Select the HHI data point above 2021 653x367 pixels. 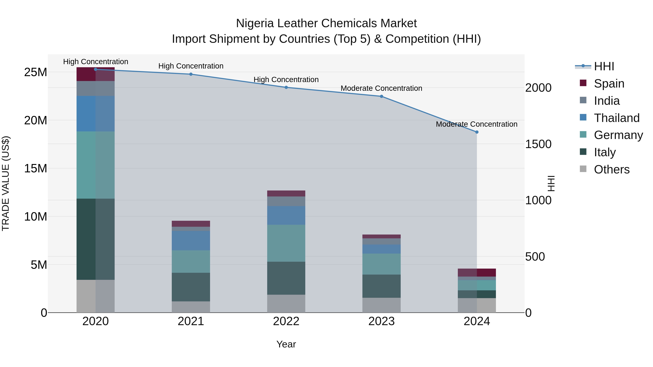click(191, 74)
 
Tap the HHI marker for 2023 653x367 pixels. click(381, 96)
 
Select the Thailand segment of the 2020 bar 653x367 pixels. click(96, 113)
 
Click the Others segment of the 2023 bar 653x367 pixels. click(381, 305)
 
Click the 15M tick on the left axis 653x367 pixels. click(36, 168)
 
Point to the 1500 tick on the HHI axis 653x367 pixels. click(538, 144)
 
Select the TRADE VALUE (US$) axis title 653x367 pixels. click(6, 183)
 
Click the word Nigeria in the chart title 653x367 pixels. click(254, 23)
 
